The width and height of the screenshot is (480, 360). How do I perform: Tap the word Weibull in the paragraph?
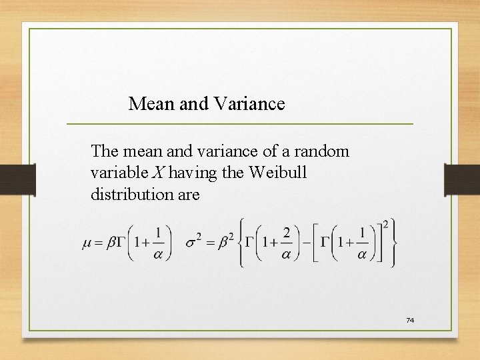coord(278,173)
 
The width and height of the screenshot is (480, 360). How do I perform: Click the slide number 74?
coord(410,321)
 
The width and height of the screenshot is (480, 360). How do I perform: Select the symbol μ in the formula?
coord(87,244)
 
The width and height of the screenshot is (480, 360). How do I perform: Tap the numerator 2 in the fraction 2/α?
coord(286,233)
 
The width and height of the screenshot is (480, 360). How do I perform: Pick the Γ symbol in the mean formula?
coord(120,244)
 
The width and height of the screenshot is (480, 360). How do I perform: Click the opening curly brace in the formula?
coord(241,244)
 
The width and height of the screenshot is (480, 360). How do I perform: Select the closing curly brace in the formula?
coord(396,244)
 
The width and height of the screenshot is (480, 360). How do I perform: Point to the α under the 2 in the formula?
coord(286,255)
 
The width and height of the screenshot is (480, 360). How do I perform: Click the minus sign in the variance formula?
coord(309,244)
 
